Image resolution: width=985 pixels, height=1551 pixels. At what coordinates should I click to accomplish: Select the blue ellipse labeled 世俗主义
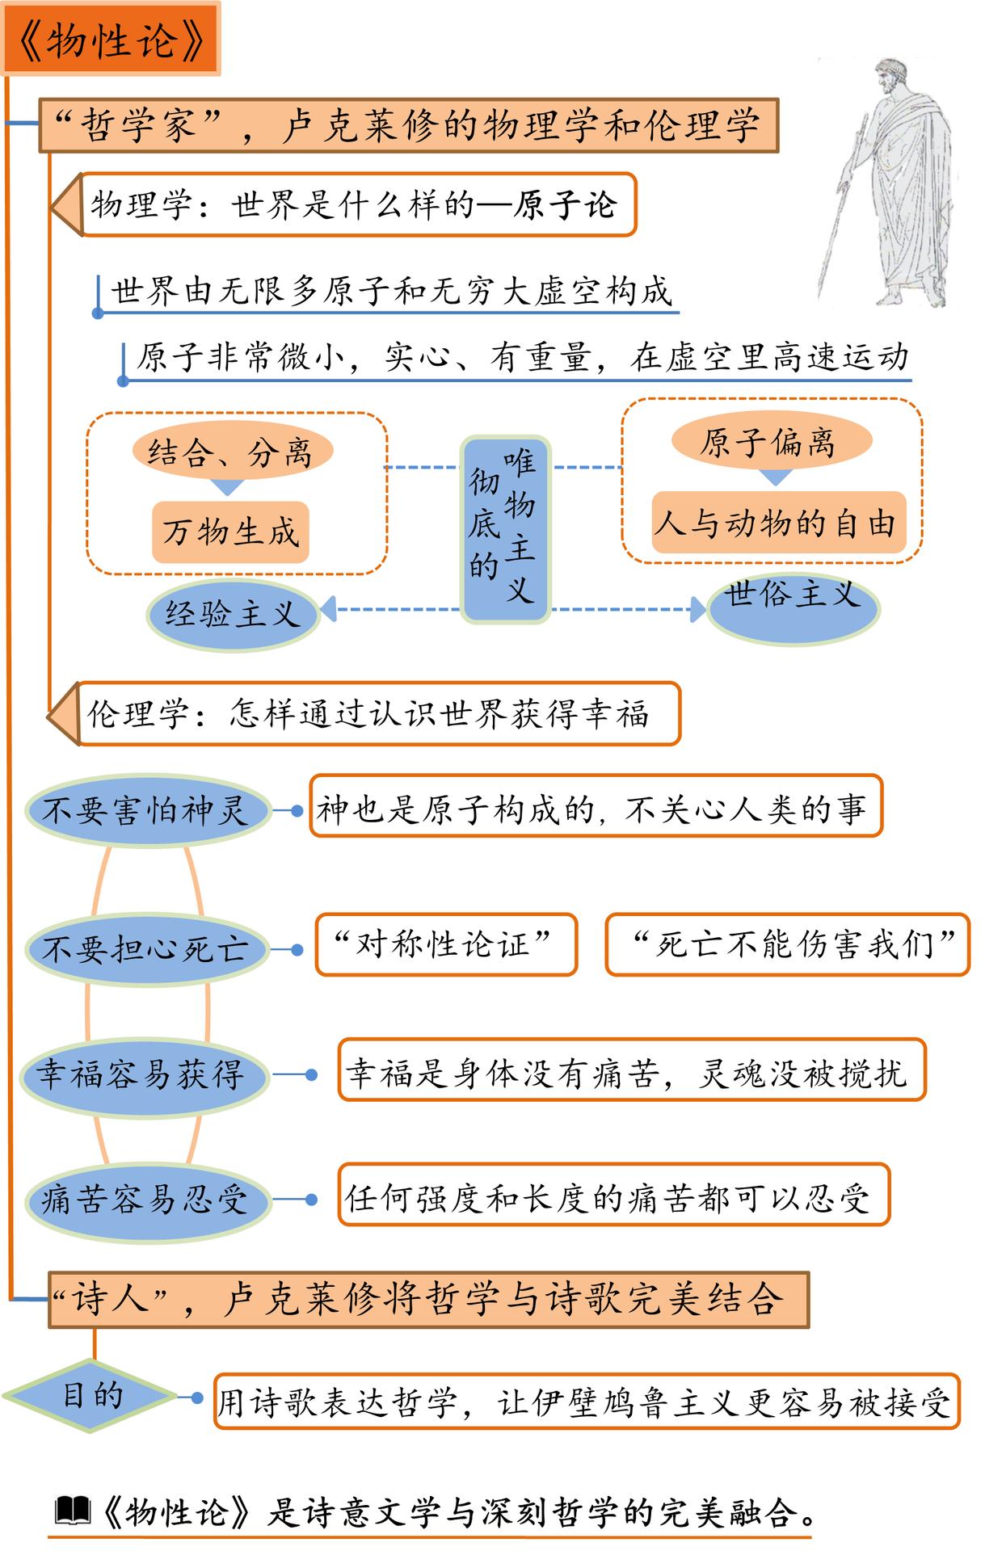coord(793,607)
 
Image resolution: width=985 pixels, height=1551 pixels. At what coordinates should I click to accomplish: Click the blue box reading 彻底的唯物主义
coord(505,530)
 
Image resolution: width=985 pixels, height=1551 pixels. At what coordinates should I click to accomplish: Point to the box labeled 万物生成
coord(230,532)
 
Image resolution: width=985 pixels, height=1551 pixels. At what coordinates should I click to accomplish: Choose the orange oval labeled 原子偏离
coord(771,442)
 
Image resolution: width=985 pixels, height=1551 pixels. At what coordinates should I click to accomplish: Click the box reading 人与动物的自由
coord(777,523)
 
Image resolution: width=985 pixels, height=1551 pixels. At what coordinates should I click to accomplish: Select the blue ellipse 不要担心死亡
coord(145,948)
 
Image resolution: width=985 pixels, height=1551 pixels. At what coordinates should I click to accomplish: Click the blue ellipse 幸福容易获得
coord(144,1075)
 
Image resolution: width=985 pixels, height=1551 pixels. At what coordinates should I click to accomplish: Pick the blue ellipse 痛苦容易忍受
coord(145,1200)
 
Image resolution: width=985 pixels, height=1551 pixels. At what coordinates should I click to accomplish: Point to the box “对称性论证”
coord(445,944)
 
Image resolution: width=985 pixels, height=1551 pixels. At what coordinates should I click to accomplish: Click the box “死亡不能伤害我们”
coord(787,944)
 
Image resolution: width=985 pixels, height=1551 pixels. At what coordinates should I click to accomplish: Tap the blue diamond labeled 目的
coord(91,1396)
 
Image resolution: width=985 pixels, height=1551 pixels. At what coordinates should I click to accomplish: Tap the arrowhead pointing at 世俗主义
coord(698,610)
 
